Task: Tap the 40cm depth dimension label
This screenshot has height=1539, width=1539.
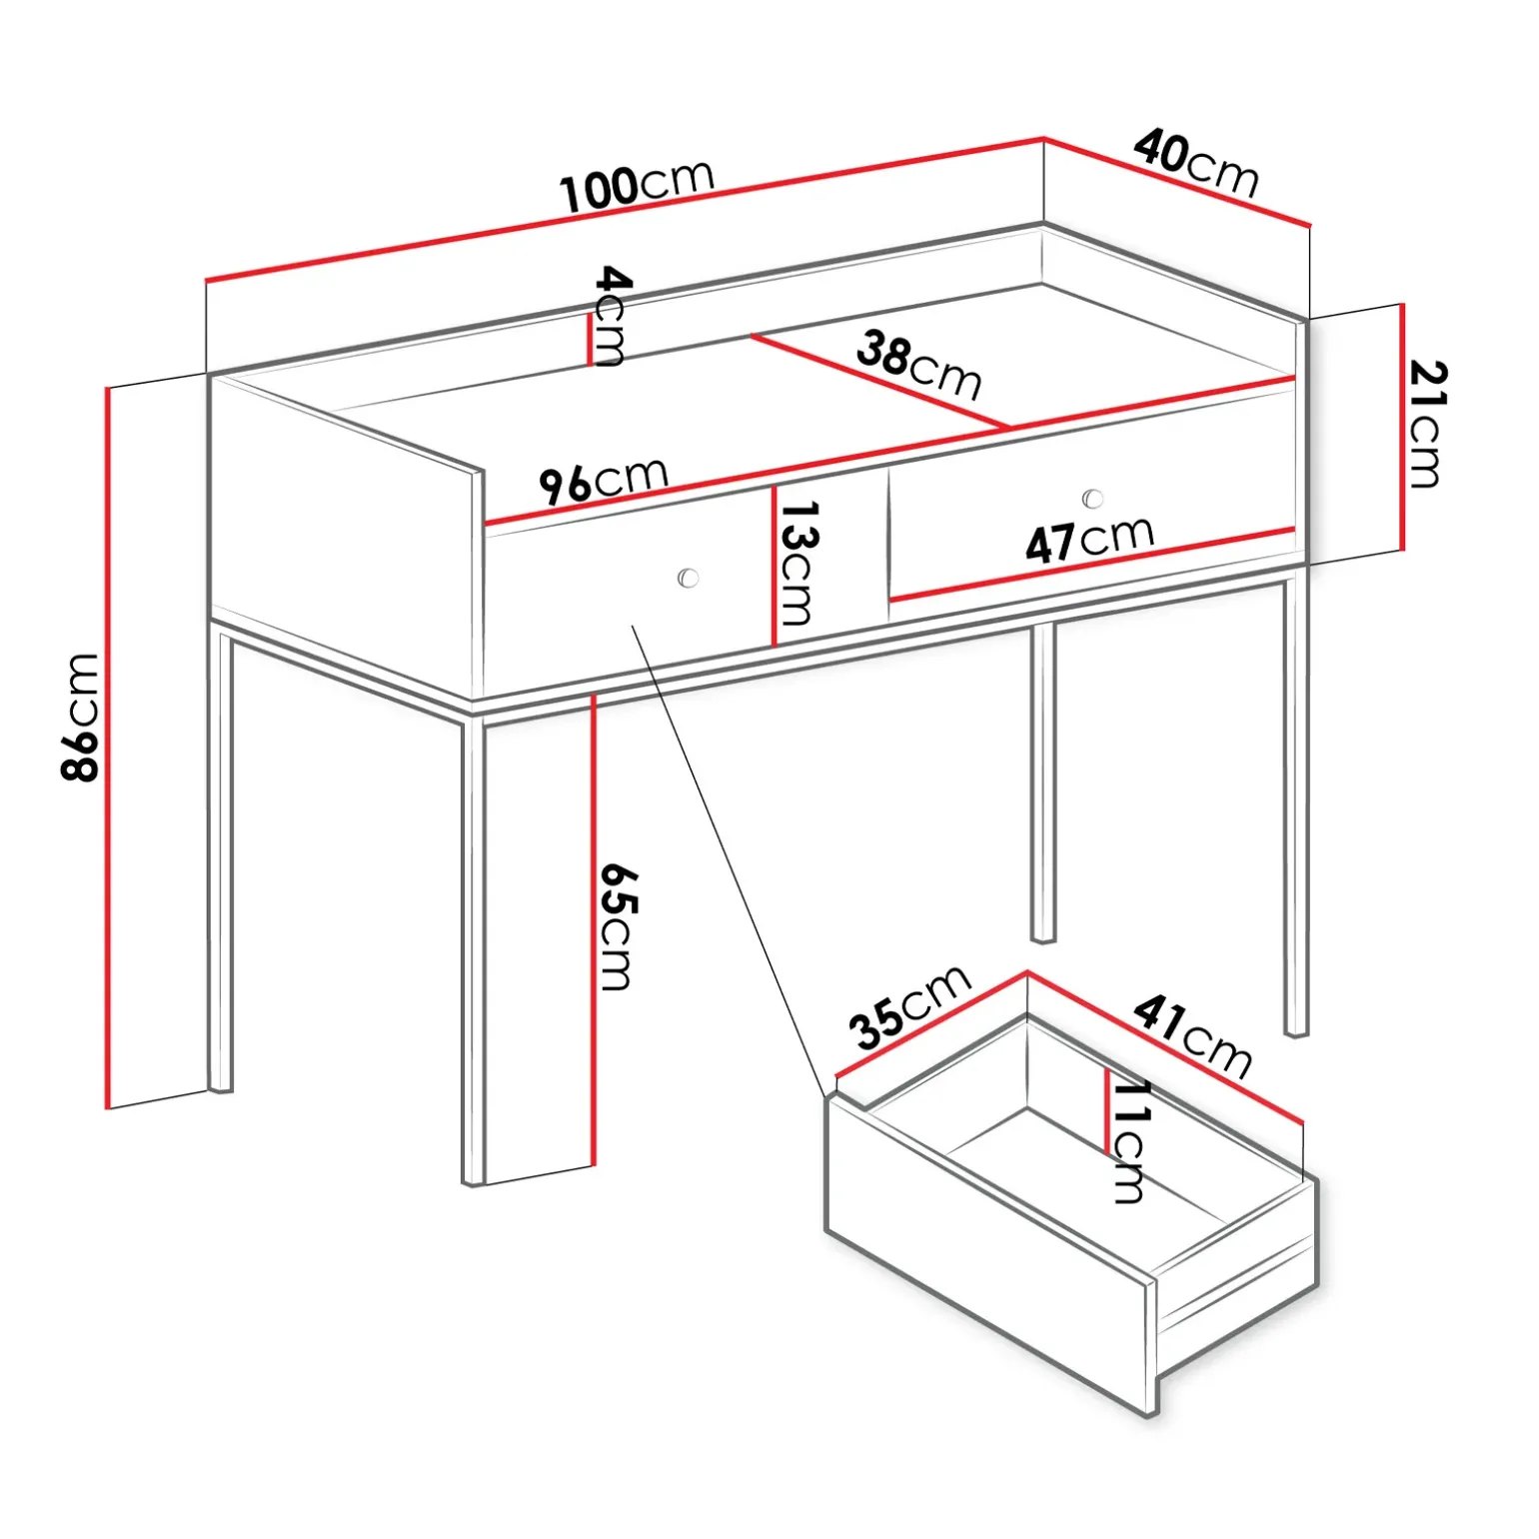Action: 1196,162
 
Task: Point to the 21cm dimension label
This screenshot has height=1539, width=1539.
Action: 1426,424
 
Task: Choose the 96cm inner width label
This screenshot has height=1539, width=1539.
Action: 604,481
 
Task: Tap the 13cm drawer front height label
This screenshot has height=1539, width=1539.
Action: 797,563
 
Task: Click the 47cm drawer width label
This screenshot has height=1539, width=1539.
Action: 1089,541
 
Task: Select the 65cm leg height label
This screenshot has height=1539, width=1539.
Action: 617,926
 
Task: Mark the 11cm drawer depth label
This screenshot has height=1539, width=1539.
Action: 1130,1141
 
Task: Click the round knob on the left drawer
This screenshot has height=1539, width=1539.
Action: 688,578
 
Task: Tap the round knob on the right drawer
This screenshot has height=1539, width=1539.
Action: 1092,498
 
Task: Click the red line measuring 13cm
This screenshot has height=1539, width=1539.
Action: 773,566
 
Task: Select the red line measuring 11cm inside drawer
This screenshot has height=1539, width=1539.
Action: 1107,1110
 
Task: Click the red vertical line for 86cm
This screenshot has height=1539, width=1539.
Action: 107,748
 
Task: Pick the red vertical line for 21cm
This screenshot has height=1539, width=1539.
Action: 1402,427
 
